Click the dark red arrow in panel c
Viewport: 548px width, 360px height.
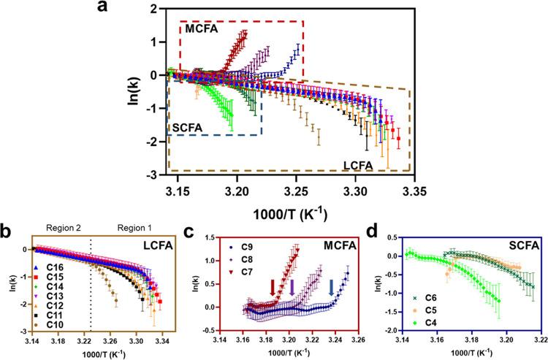pos(273,288)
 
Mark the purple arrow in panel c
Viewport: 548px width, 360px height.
pos(292,288)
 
